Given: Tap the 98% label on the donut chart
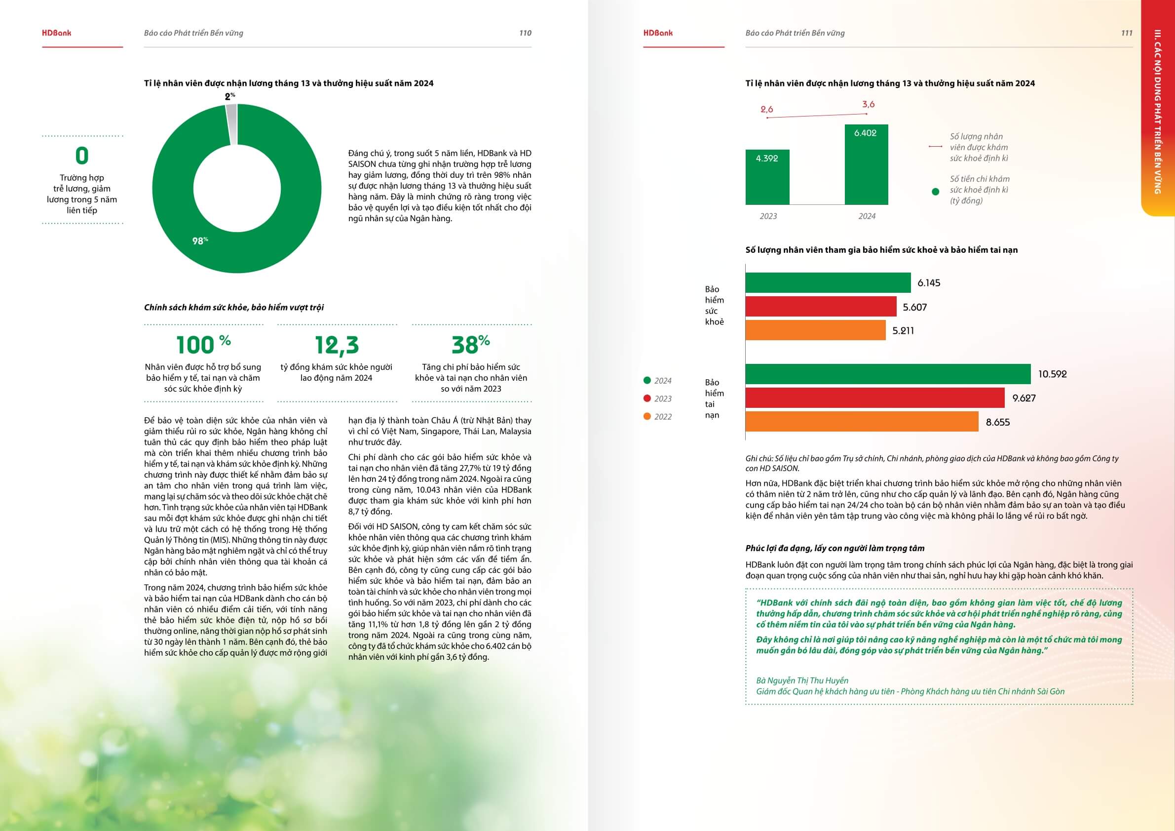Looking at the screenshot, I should point(200,240).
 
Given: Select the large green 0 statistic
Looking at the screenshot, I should point(82,156).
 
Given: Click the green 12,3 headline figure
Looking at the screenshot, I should point(337,345).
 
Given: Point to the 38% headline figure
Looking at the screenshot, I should point(470,345).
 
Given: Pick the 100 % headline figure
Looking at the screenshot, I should point(203,345).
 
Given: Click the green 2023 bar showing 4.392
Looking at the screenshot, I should point(767,177).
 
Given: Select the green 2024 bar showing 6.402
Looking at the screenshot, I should point(866,165).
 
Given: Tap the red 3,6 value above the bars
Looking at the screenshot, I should point(869,105).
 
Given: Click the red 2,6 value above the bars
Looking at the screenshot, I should point(766,109).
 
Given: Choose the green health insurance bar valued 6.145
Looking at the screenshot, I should point(828,282).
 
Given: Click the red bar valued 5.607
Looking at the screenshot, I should point(820,307).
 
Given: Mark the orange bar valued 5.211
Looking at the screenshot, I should point(815,330).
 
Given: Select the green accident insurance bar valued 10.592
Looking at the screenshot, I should point(887,374).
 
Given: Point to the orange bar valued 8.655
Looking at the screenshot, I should point(861,422).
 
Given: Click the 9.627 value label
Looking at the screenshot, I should point(1023,398).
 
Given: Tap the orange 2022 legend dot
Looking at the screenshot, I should point(647,416).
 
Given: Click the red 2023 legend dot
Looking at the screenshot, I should point(647,398).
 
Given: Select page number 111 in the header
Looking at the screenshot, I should point(1126,33).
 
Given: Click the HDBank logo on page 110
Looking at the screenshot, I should point(56,33).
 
